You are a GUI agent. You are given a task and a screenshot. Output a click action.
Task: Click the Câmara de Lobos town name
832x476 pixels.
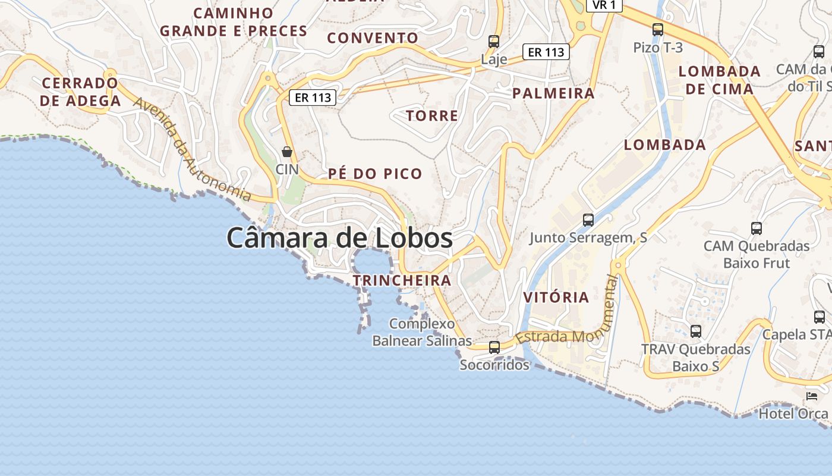coord(339,238)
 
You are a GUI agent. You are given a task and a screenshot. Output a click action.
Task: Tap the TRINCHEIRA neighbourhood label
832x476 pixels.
coord(402,280)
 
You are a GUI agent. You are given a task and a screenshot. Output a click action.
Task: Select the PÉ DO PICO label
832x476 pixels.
coord(375,174)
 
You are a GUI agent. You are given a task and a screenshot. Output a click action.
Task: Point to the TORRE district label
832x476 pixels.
coord(432,115)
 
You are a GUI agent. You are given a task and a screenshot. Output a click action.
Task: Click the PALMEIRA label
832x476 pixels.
coord(553,93)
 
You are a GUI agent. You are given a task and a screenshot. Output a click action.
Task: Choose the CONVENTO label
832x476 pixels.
coord(373,38)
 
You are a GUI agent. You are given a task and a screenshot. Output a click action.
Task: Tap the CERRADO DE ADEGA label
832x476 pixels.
coord(80,92)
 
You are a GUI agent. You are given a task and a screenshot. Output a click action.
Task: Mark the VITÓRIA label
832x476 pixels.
coord(556,297)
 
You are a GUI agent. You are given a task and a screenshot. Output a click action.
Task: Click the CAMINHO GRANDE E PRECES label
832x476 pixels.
coord(234,22)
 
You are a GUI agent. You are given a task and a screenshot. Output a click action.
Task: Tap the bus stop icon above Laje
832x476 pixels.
coord(494,42)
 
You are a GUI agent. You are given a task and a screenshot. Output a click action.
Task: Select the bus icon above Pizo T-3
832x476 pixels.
coord(658,30)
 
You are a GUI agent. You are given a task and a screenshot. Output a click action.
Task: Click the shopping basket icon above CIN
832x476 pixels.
coord(287,152)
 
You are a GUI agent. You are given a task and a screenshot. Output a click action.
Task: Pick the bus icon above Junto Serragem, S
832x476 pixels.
coord(588,220)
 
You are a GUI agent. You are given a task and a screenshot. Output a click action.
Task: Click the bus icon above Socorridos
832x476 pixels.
coord(494,347)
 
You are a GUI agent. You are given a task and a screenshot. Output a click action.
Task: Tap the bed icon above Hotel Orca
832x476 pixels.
coord(812,396)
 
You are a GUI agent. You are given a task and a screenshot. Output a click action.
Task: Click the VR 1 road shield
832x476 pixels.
coord(604,5)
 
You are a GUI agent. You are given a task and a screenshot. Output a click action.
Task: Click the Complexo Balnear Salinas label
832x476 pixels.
coord(422,333)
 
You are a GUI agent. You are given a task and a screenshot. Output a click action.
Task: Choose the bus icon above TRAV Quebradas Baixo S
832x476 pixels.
coord(696,331)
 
